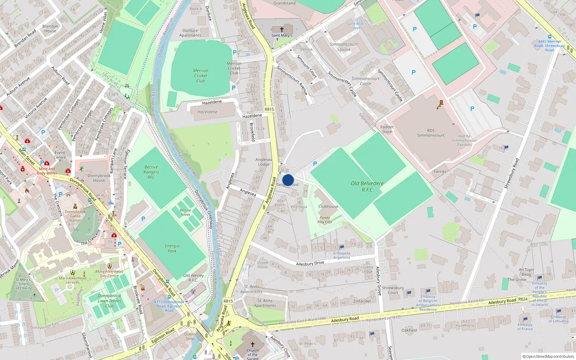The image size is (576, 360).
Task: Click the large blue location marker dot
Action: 288,180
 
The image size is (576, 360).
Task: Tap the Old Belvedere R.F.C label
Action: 367,186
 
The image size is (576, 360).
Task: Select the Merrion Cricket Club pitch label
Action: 201,76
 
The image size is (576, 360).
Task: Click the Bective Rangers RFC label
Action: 151,172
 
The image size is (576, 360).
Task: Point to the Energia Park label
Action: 172,248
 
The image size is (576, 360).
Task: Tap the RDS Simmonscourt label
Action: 431,133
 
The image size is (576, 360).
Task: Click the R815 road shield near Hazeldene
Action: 269,109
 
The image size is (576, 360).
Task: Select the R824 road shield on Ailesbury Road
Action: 523,299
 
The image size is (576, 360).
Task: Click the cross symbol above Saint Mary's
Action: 282,29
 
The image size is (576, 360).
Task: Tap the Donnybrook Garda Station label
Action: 75,216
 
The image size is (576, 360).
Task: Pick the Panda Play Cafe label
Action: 325,220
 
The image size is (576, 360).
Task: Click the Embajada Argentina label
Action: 342,255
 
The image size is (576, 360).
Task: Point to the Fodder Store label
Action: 387,129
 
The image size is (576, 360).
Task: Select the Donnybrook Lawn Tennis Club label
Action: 109,301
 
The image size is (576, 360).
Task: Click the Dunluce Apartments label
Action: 190,33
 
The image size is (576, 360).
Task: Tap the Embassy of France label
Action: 525,327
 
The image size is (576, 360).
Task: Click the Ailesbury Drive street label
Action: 310,264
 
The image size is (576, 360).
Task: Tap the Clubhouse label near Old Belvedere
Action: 328,207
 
